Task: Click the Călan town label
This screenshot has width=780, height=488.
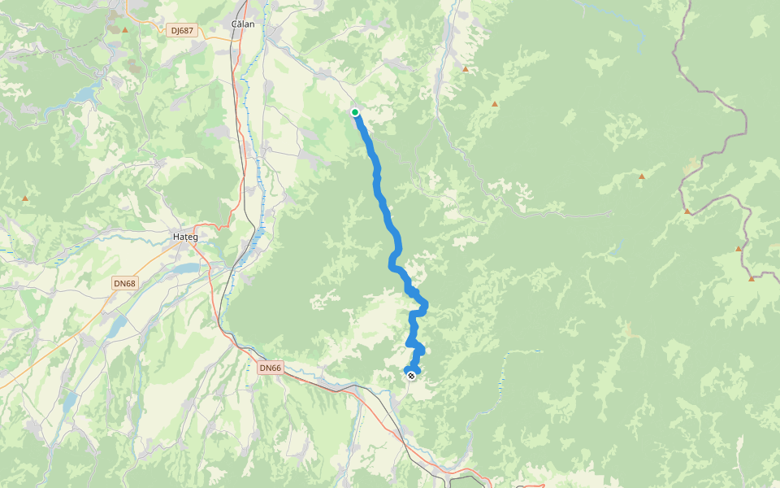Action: click(x=243, y=24)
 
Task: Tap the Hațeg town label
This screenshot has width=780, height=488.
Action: click(x=185, y=237)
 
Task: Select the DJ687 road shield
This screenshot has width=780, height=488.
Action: click(x=183, y=30)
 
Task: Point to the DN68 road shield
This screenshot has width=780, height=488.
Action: click(x=124, y=283)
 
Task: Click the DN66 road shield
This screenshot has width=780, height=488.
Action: click(x=270, y=368)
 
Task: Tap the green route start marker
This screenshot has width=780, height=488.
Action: click(x=355, y=112)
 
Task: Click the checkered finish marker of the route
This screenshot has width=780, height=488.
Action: click(x=412, y=374)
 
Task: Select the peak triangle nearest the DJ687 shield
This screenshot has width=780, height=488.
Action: click(x=126, y=30)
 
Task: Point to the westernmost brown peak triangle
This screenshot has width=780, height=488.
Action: click(x=25, y=198)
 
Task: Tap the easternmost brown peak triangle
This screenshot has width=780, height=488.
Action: click(x=752, y=278)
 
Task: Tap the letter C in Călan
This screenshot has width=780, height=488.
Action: click(x=235, y=24)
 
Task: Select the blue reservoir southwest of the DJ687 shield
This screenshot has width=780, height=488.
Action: click(x=85, y=94)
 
